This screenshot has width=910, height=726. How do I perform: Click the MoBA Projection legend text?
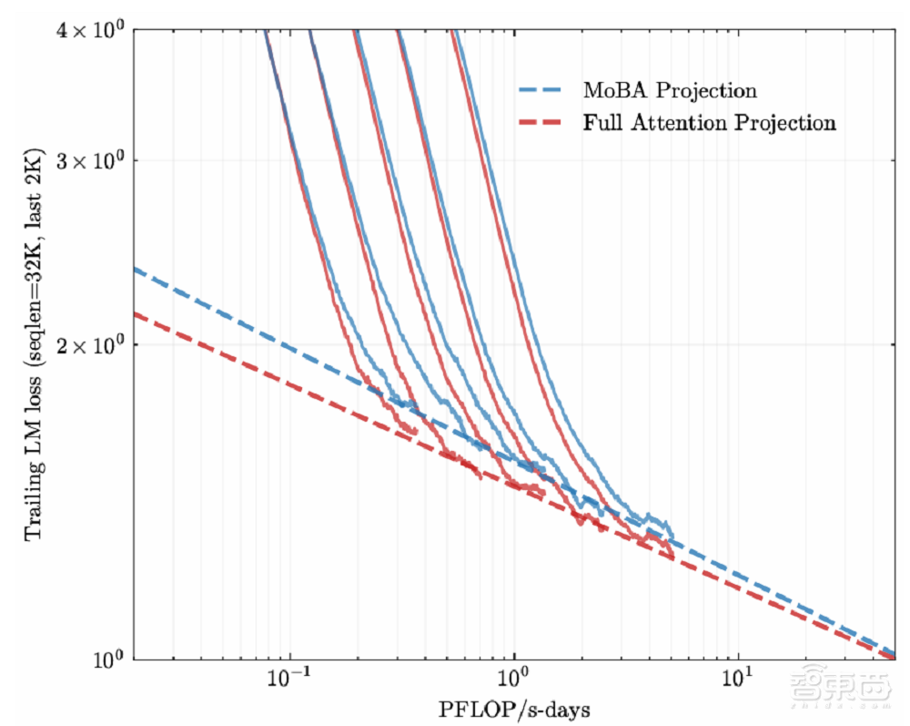(x=670, y=90)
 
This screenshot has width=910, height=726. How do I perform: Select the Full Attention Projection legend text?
(x=709, y=122)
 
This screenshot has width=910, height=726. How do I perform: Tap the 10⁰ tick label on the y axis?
(x=107, y=660)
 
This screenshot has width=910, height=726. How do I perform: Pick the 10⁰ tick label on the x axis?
(x=515, y=680)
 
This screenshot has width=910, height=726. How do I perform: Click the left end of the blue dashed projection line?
(x=136, y=270)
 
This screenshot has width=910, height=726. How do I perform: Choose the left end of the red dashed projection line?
(x=136, y=314)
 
